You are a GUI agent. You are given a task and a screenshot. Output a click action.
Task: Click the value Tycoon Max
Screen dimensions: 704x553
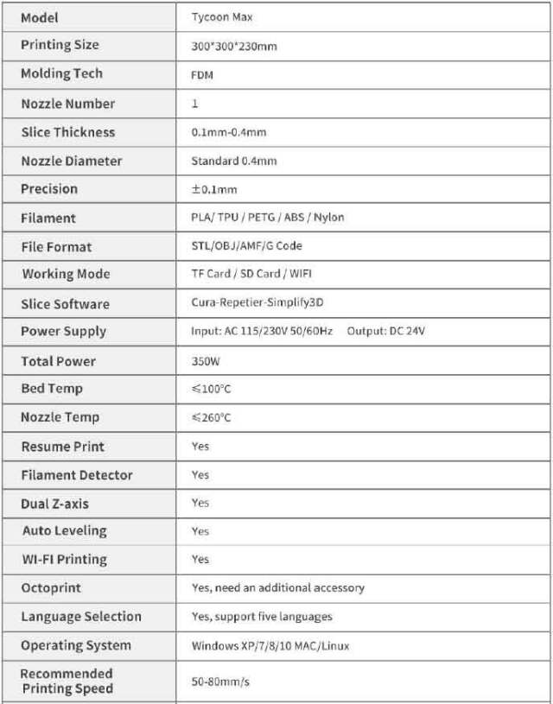pyautogui.click(x=221, y=17)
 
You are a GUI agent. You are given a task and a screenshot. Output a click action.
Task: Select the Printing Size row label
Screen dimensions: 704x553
pyautogui.click(x=60, y=45)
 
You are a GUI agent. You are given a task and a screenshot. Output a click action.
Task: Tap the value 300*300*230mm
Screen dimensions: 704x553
pyautogui.click(x=234, y=46)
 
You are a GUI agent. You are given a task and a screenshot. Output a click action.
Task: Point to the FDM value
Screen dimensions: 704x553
pyautogui.click(x=202, y=75)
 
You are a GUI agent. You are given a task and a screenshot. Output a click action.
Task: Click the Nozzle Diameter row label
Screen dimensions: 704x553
pyautogui.click(x=72, y=161)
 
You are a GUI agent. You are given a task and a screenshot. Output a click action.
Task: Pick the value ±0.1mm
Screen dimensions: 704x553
pyautogui.click(x=213, y=189)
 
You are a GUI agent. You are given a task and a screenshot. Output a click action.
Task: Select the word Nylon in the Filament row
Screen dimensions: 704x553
pyautogui.click(x=329, y=218)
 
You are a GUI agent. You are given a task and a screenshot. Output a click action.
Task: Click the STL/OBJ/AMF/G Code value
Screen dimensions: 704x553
pyautogui.click(x=246, y=246)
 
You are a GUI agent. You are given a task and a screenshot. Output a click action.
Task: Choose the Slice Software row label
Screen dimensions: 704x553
pyautogui.click(x=66, y=304)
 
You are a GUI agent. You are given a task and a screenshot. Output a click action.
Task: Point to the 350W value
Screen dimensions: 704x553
pyautogui.click(x=206, y=361)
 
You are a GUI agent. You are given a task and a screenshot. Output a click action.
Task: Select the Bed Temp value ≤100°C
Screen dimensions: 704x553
pyautogui.click(x=211, y=390)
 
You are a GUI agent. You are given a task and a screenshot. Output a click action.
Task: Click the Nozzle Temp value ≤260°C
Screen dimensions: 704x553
pyautogui.click(x=211, y=418)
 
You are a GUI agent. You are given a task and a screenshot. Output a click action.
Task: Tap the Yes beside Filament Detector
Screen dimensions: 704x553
pyautogui.click(x=200, y=475)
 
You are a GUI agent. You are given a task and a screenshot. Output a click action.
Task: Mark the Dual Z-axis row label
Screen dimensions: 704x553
pyautogui.click(x=54, y=504)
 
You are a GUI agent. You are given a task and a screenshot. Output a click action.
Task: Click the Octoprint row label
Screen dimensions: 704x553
pyautogui.click(x=51, y=588)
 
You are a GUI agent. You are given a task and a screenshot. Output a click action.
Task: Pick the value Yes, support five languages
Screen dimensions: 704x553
pyautogui.click(x=262, y=617)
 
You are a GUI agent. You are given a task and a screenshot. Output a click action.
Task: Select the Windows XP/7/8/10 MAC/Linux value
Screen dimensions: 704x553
pyautogui.click(x=270, y=646)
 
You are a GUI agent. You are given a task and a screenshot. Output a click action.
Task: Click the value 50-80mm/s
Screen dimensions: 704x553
pyautogui.click(x=220, y=682)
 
